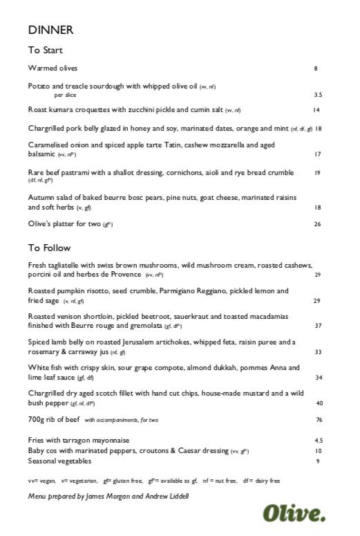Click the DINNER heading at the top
[50, 30]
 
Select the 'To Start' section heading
[45, 50]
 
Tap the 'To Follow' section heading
[49, 248]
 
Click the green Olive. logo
[294, 512]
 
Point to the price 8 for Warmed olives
[315, 68]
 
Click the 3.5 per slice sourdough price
[318, 95]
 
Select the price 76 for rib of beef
[319, 420]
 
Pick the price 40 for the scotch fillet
[319, 403]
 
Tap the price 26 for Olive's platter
[317, 224]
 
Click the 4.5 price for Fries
[319, 441]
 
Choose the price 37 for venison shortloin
[318, 325]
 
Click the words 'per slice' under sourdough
[65, 95]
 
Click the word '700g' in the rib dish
[36, 420]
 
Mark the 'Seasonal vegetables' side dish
[59, 461]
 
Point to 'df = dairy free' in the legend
[261, 480]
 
